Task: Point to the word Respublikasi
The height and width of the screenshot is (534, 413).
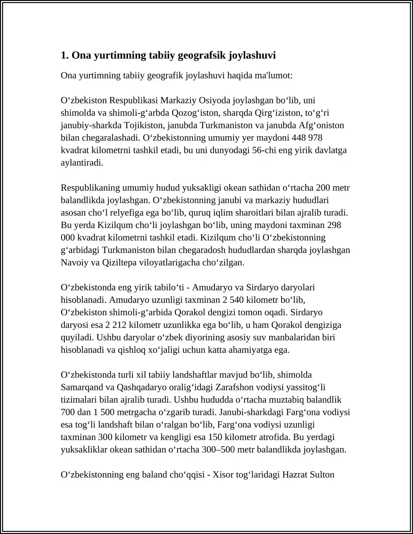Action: [x=133, y=100]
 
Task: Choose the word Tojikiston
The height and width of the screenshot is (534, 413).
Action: [x=144, y=125]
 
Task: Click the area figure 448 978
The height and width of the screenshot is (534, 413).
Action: [x=307, y=138]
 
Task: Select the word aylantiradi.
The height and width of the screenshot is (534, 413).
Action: [x=82, y=163]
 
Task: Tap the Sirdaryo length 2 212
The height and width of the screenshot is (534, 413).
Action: [x=116, y=325]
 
